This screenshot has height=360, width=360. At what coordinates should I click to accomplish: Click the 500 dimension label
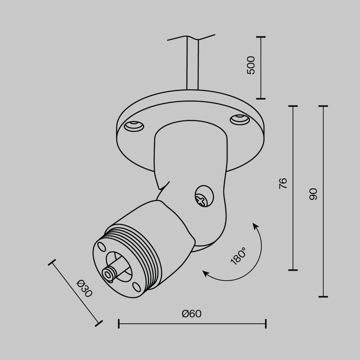point(251,65)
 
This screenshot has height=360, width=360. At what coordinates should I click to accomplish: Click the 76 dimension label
point(282,183)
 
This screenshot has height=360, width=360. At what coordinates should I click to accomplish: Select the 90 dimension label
point(313,194)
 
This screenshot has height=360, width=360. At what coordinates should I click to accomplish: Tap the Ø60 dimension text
point(191,314)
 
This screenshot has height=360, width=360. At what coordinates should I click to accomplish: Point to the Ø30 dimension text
point(84,289)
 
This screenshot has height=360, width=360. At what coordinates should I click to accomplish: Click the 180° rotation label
point(238,255)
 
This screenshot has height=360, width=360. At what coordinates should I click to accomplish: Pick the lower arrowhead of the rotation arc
point(205,273)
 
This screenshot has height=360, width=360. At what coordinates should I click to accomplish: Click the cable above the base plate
point(192,65)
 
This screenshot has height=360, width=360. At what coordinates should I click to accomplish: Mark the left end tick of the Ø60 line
point(118,323)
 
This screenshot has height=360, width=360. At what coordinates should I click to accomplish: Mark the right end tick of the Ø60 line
point(265,323)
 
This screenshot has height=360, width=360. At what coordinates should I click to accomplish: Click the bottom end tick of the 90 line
point(323,296)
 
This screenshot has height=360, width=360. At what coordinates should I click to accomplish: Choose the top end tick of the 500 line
point(260,36)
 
